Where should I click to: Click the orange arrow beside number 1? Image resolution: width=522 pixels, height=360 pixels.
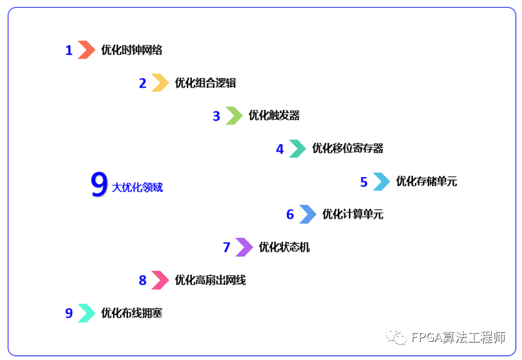pyautogui.click(x=86, y=50)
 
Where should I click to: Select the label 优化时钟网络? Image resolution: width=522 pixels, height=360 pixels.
pyautogui.click(x=132, y=50)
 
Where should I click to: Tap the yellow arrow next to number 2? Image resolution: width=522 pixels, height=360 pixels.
pyautogui.click(x=160, y=83)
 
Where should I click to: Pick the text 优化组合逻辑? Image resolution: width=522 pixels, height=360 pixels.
pyautogui.click(x=205, y=83)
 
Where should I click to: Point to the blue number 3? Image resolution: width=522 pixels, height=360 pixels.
pyautogui.click(x=216, y=116)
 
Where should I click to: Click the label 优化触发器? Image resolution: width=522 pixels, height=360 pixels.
pyautogui.click(x=274, y=115)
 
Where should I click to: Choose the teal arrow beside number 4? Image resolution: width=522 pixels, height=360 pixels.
pyautogui.click(x=298, y=149)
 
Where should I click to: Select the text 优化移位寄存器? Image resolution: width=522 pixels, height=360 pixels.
pyautogui.click(x=348, y=149)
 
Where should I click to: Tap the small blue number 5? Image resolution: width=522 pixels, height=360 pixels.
pyautogui.click(x=363, y=182)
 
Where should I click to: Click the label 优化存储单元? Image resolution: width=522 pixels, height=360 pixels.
pyautogui.click(x=426, y=181)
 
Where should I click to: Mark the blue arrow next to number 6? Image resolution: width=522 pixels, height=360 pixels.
pyautogui.click(x=308, y=214)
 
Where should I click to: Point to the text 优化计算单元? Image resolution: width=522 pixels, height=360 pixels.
pyautogui.click(x=352, y=214)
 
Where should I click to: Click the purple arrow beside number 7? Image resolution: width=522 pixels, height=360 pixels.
pyautogui.click(x=244, y=247)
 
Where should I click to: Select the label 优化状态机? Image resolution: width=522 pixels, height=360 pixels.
pyautogui.click(x=284, y=247)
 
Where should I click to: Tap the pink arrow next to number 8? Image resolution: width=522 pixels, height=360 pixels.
pyautogui.click(x=160, y=280)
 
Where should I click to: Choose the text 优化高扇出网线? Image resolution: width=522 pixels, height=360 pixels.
pyautogui.click(x=210, y=280)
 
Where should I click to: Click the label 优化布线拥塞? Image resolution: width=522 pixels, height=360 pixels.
pyautogui.click(x=132, y=313)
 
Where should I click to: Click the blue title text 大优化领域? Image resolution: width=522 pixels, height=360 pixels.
pyautogui.click(x=137, y=188)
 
